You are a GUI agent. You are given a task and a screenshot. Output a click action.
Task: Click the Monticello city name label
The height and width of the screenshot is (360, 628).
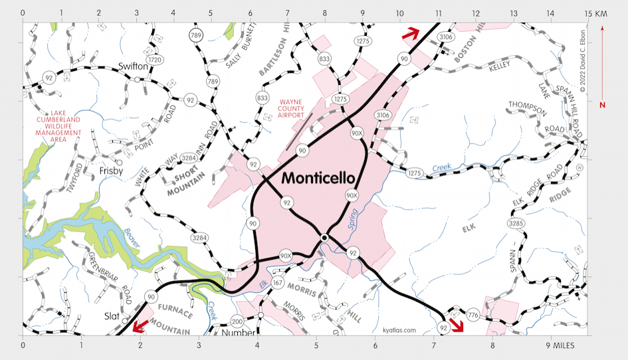pos(318,178)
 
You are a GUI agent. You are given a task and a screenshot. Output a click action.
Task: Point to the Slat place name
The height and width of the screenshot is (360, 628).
pos(110,316)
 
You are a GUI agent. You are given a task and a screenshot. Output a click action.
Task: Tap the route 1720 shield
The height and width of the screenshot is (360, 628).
pos(155,60)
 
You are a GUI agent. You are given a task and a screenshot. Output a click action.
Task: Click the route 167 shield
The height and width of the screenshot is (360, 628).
pos(277,283)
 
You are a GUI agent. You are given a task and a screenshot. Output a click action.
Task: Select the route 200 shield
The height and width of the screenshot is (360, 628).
pos(237,321)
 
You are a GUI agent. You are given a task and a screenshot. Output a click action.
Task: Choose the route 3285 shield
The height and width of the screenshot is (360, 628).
pos(515,223)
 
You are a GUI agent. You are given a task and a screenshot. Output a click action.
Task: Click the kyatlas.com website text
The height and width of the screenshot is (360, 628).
pos(399,329)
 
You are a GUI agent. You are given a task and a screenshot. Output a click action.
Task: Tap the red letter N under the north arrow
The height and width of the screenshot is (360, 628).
pos(602,105)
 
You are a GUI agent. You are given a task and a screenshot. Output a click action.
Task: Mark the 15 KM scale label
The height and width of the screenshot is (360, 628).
pos(596,13)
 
